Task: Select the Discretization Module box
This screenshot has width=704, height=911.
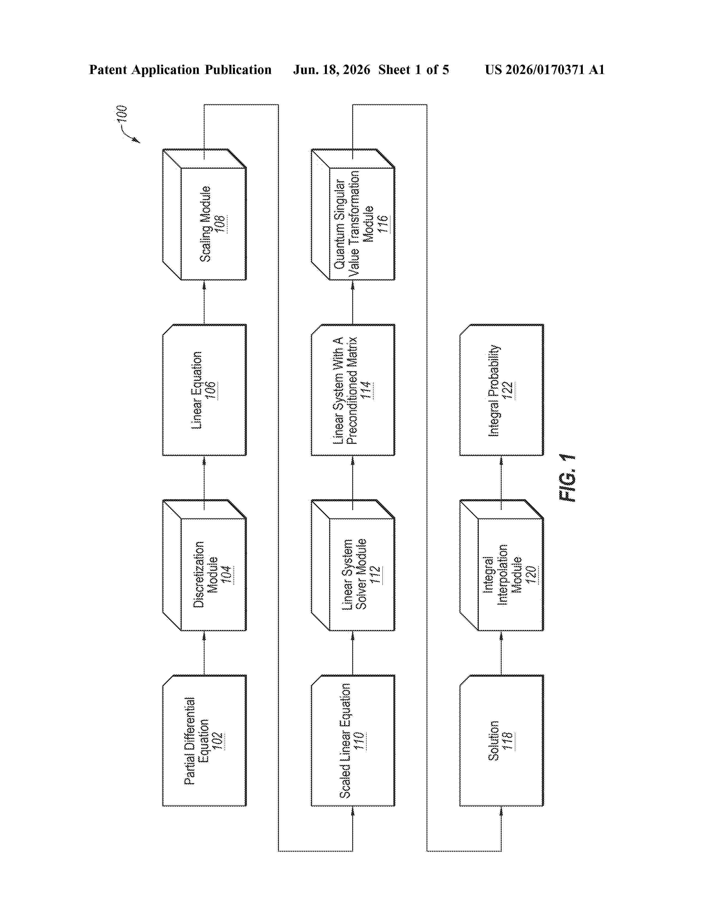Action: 204,565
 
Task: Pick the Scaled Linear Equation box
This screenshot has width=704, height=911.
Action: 353,740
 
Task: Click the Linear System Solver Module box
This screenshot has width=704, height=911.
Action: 353,565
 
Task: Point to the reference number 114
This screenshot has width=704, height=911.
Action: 367,390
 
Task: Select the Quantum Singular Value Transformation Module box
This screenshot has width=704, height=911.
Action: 353,214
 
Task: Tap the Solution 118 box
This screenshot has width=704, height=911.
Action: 502,740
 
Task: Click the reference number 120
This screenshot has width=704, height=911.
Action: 531,574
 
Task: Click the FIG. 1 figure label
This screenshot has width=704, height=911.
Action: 567,478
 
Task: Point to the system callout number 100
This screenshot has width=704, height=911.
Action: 121,114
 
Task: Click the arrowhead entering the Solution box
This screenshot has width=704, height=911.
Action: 501,811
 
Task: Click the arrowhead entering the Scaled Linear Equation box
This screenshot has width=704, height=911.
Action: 353,811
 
